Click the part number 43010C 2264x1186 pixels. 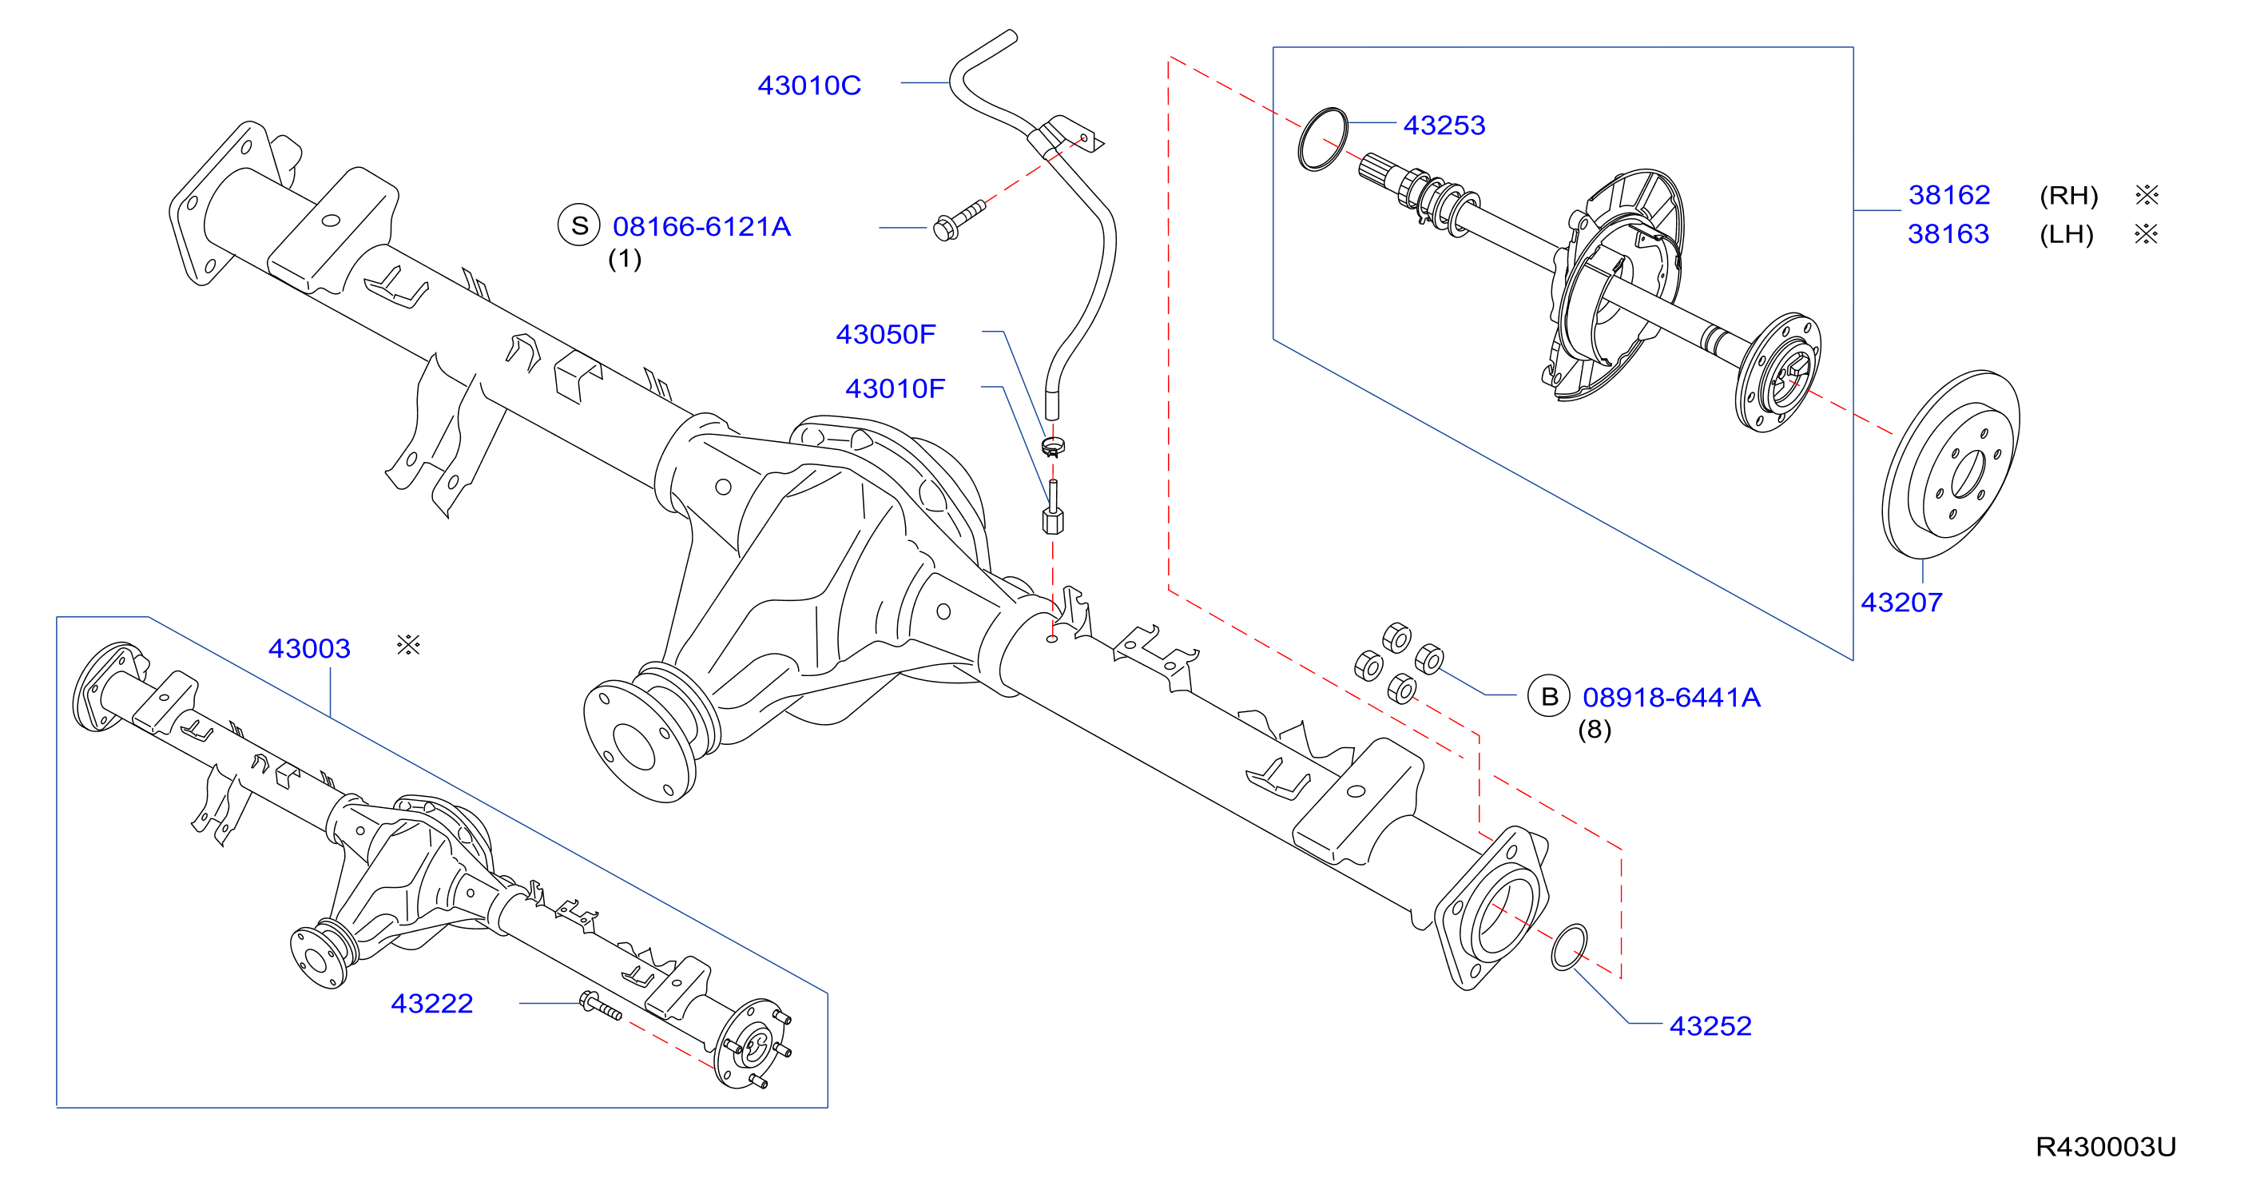tap(808, 86)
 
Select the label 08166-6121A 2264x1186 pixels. tap(701, 227)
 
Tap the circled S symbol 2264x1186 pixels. tap(579, 225)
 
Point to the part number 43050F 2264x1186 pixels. tap(885, 334)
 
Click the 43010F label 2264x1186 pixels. tap(895, 388)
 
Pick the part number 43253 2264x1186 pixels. tap(1444, 125)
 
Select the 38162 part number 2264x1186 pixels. tap(1948, 194)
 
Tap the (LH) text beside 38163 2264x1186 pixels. tap(2066, 235)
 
